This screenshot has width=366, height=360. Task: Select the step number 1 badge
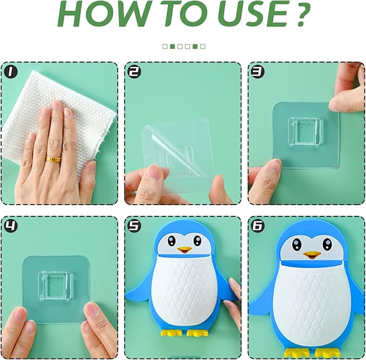point(10,71)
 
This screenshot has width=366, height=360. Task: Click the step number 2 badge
point(133,71)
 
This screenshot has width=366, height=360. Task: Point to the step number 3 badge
point(257,71)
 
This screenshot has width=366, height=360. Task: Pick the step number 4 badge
point(10,225)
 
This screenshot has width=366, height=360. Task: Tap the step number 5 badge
point(133,225)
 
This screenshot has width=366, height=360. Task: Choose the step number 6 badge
point(257,225)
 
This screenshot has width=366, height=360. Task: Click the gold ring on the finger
point(52,159)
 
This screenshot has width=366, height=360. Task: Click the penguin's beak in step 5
point(184,250)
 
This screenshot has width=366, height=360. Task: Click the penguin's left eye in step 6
point(297,244)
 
